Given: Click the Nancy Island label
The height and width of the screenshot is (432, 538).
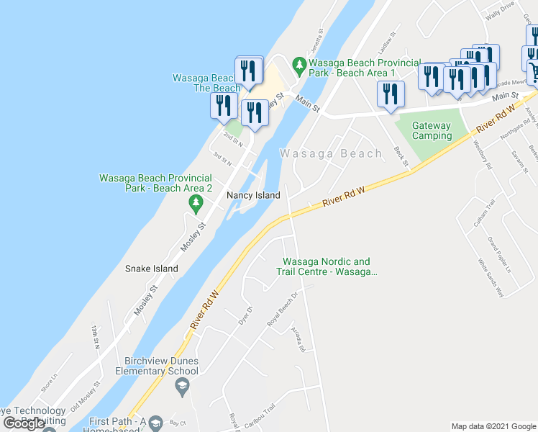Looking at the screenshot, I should tap(252, 195).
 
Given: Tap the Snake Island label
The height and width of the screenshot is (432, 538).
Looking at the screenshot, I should tap(151, 269).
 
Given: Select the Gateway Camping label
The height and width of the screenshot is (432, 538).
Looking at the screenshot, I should tap(432, 130).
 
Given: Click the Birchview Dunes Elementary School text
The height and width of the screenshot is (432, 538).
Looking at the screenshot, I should tap(151, 366).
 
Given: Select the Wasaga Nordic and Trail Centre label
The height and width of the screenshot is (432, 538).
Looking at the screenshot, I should tap(327, 266).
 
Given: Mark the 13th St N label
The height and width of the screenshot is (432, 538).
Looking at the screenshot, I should tap(95, 337).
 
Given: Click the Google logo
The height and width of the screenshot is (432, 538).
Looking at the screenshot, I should tap(24, 423).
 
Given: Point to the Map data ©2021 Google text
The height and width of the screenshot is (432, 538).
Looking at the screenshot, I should tap(493, 426).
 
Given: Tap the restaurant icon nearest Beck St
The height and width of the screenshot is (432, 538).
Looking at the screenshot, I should tap(391, 95).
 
